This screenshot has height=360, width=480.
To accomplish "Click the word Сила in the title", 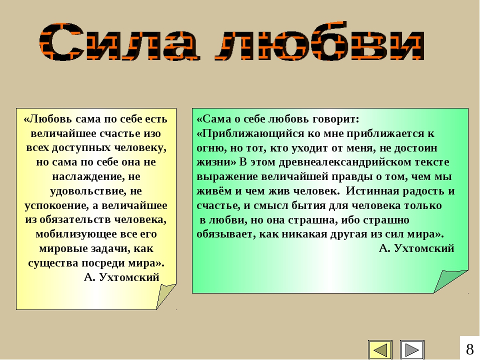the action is click(x=119, y=41).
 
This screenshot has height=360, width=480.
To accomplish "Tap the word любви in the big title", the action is click(x=320, y=41).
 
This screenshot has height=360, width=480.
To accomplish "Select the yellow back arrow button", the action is click(x=380, y=349).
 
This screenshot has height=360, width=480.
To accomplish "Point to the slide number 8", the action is click(x=469, y=349).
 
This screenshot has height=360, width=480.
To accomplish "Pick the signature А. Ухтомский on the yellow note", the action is click(x=121, y=277).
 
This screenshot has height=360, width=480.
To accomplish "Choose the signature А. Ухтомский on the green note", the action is click(x=416, y=248).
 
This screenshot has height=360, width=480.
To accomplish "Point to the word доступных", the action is click(x=81, y=148).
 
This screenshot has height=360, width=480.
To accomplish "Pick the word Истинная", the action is click(x=372, y=191).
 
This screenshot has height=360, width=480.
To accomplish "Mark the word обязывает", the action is click(x=225, y=234).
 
